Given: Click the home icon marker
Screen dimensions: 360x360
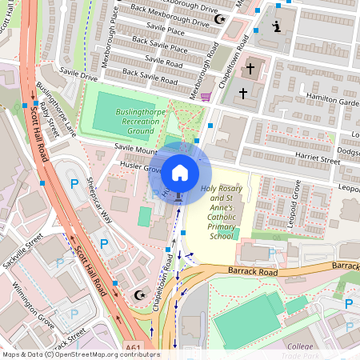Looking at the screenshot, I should [x=180, y=172].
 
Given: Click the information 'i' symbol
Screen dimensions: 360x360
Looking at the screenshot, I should [x=277, y=27].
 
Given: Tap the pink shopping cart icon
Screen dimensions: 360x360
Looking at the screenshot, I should [x=207, y=97].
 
